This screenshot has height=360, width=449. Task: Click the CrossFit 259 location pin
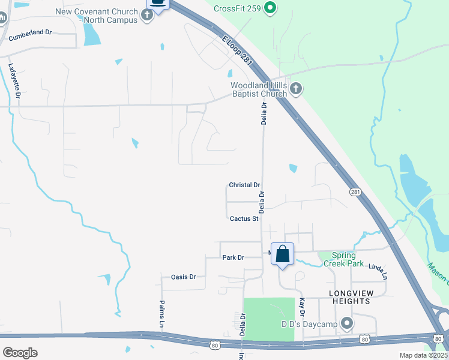point(270,8)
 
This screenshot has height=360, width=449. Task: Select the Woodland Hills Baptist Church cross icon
point(295,89)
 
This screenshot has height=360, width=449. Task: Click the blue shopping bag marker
point(282,254)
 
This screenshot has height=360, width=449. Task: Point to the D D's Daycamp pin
point(346,324)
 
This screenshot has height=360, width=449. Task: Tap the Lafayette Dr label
point(16,81)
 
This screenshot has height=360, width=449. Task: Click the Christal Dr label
point(244,185)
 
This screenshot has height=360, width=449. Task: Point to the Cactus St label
point(244,219)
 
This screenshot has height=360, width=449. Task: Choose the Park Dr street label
point(233,257)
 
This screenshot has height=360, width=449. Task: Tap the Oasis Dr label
point(184,277)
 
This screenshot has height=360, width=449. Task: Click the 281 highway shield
point(355,191)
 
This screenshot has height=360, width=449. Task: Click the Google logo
point(20,353)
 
